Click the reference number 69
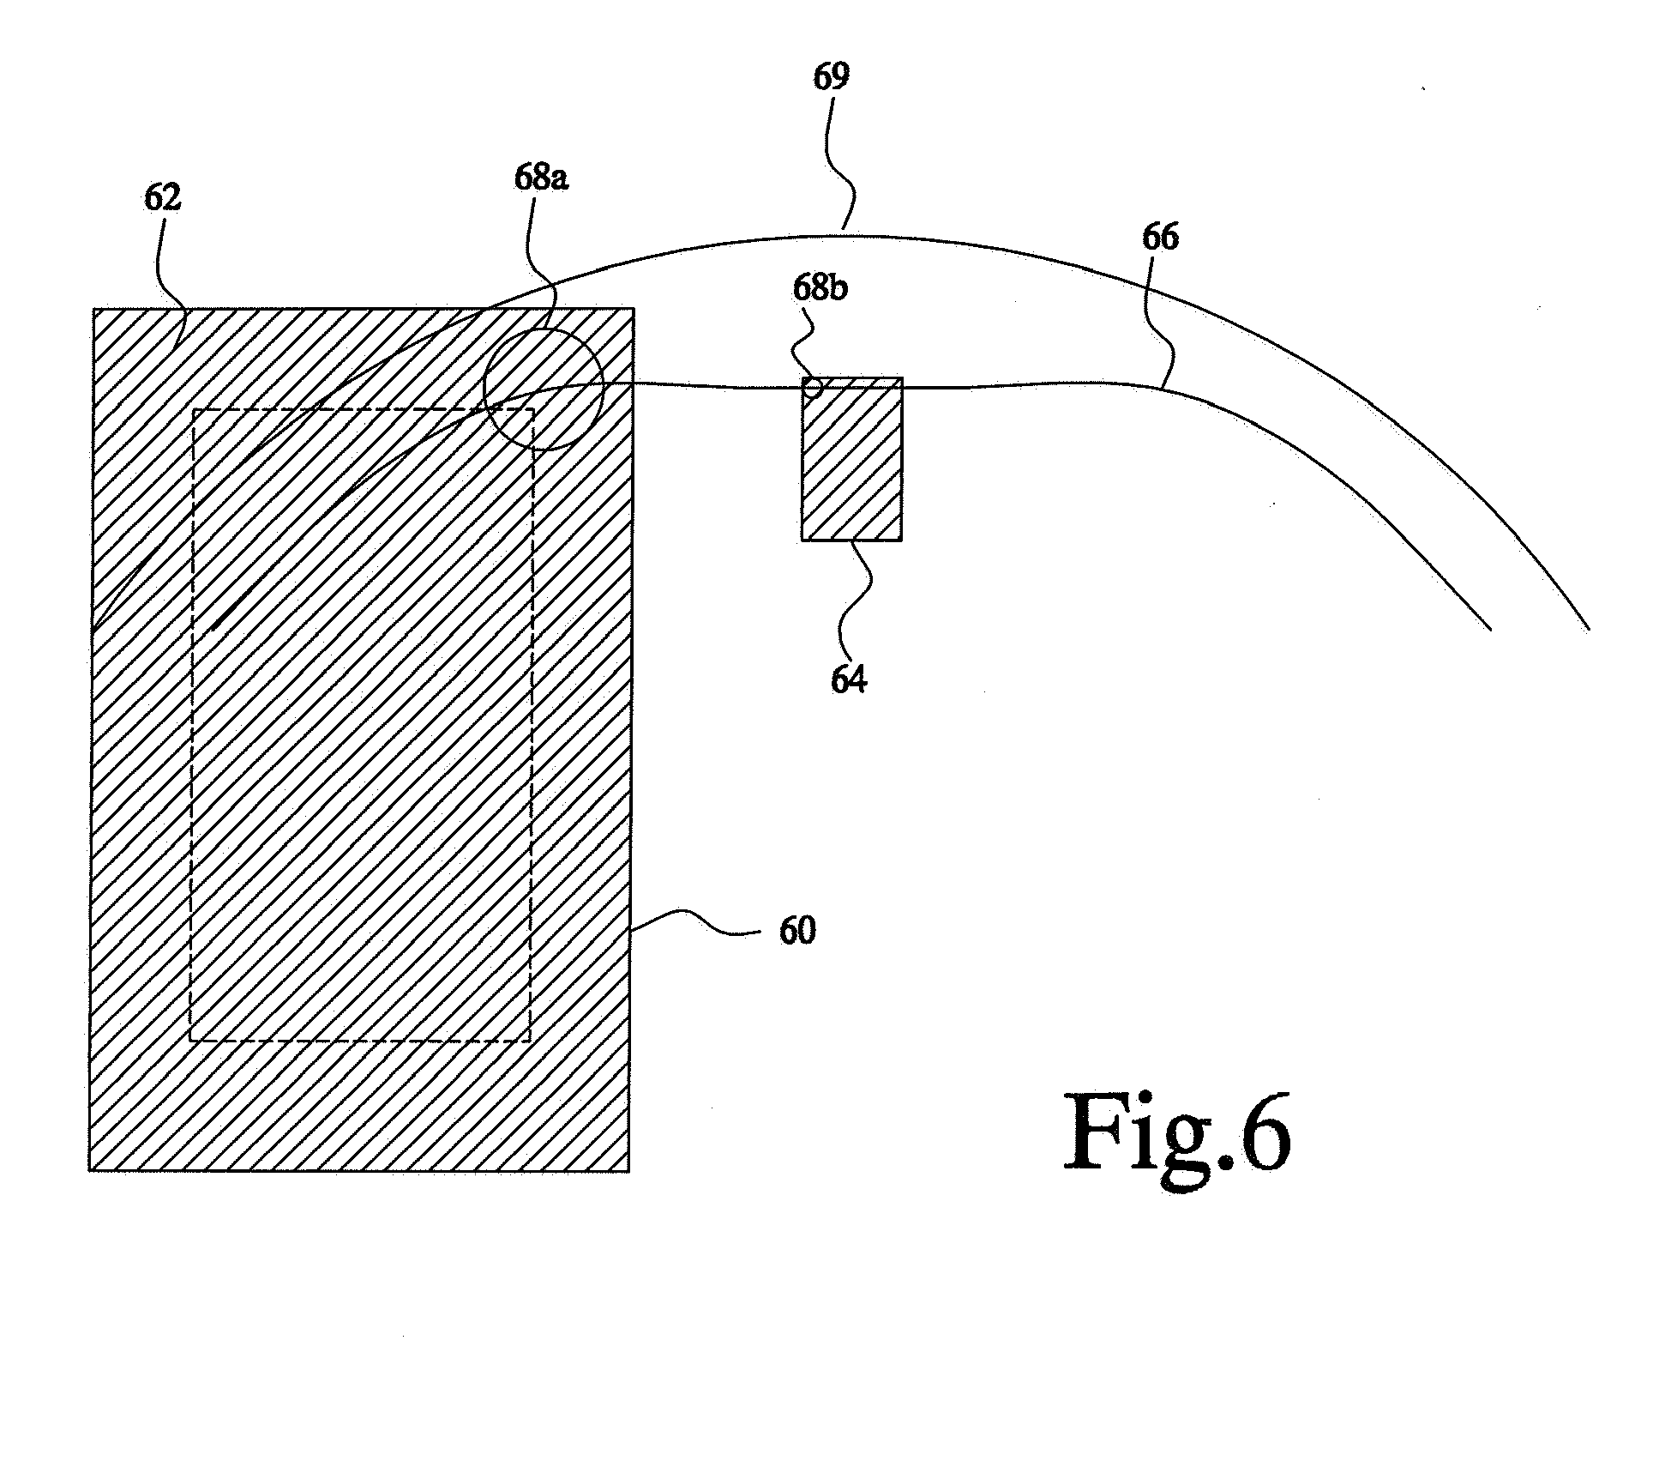click(x=831, y=76)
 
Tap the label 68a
click(x=541, y=178)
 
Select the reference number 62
click(x=163, y=198)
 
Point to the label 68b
click(x=820, y=288)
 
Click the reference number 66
click(x=1160, y=237)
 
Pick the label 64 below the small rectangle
click(x=849, y=679)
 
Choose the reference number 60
click(x=797, y=931)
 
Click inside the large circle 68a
click(x=544, y=389)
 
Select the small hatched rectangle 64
click(x=851, y=459)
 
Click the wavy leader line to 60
click(x=695, y=925)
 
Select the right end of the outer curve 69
click(x=1590, y=630)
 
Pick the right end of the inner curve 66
click(x=1490, y=630)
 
